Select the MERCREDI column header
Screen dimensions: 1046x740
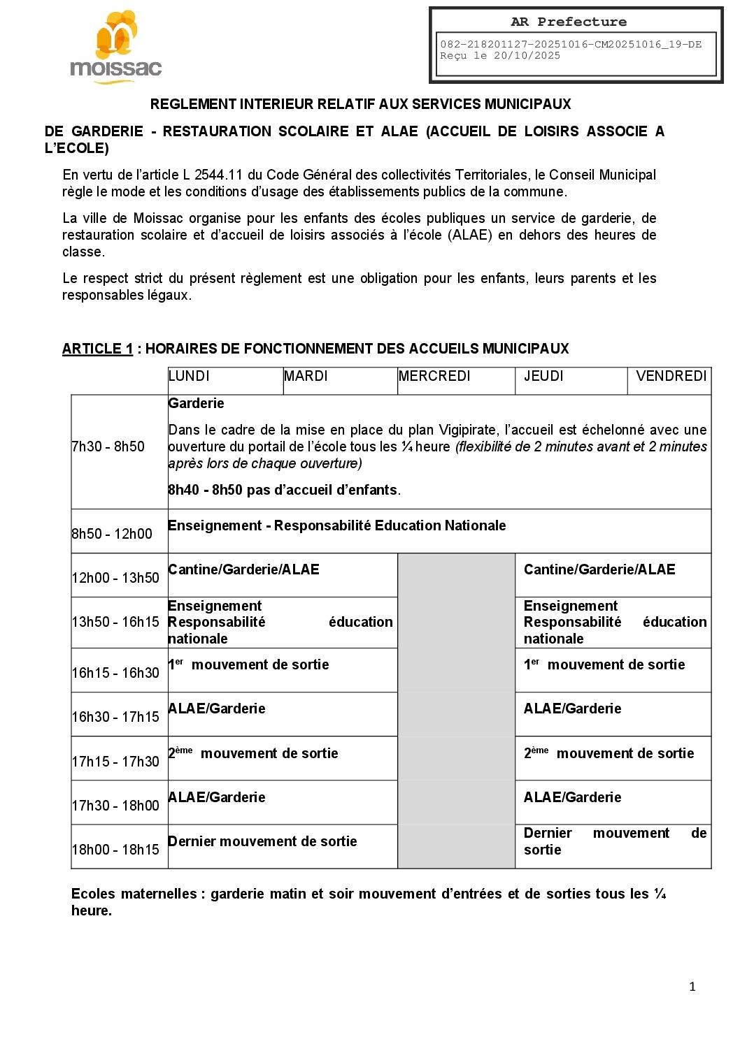tap(434, 376)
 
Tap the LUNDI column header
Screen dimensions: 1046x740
tap(189, 376)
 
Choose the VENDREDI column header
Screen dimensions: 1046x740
tap(671, 376)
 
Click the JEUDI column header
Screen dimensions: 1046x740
tap(543, 376)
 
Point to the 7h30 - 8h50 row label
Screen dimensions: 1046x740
tap(108, 446)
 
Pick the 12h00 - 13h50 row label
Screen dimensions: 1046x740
tap(115, 578)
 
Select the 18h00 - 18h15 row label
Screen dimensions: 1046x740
tap(115, 850)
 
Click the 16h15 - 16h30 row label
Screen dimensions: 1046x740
tap(115, 673)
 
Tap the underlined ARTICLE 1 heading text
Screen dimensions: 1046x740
tap(97, 349)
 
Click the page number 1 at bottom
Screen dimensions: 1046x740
tap(692, 987)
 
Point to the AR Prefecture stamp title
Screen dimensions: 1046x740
tap(569, 22)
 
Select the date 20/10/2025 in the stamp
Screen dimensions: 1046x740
tap(527, 56)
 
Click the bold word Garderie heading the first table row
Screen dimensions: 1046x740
tap(197, 403)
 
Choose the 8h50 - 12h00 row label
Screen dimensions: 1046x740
tap(112, 534)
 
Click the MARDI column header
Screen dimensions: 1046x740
tap(306, 376)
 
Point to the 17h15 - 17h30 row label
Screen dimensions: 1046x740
tap(115, 762)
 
